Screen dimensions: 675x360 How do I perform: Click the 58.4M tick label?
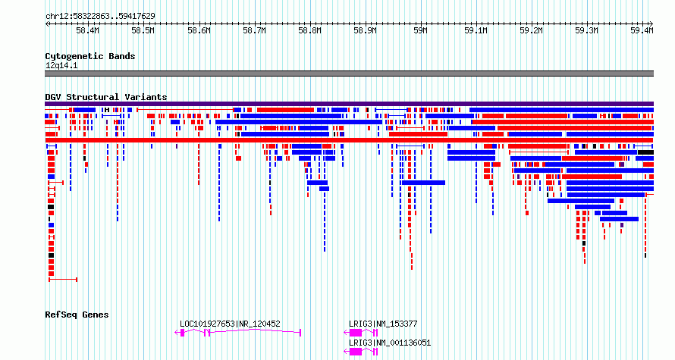coord(87,31)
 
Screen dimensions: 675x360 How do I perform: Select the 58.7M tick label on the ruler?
coord(254,31)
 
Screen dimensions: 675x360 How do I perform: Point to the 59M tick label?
coord(420,31)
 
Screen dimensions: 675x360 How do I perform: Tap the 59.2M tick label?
coord(531,31)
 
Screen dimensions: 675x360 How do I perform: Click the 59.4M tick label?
coord(642,31)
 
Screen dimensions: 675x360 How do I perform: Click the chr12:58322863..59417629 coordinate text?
coord(100,17)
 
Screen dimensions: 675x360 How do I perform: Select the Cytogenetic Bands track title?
coord(90,56)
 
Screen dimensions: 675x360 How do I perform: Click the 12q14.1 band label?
coord(61,66)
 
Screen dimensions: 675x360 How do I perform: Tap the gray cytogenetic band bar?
coord(349,74)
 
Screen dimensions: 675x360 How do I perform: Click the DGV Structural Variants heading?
coord(106,97)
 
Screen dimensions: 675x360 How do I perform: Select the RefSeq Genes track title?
coord(77,315)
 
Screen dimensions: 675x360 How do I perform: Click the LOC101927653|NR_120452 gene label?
coord(230,324)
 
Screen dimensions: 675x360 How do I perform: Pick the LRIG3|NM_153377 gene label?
coord(383,324)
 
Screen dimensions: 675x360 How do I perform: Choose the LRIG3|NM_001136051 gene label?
coord(390,343)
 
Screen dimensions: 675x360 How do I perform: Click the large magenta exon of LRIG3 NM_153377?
coord(356,333)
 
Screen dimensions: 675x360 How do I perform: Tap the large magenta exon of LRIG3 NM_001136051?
coord(356,352)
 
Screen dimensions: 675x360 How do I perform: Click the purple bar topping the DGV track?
coord(349,104)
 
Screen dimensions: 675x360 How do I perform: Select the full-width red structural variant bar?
coord(349,140)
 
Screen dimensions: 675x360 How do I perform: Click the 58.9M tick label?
coord(365,31)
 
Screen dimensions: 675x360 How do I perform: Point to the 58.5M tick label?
coord(143,31)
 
